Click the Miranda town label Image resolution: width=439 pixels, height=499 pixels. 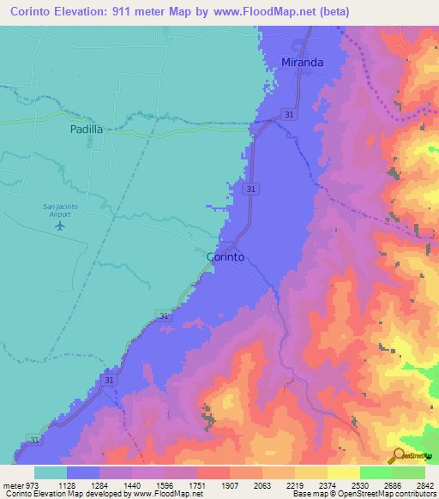point(304,62)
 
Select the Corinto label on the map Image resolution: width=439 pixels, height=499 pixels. point(226,256)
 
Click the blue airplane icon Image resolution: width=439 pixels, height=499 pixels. point(59,225)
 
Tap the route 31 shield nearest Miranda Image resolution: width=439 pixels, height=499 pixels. point(291,114)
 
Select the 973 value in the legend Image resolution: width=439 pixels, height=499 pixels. point(33,484)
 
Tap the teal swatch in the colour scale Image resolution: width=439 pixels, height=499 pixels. point(50,472)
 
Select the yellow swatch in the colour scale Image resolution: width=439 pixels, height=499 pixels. point(344,472)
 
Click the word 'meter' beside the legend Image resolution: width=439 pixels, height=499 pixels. point(12,484)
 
